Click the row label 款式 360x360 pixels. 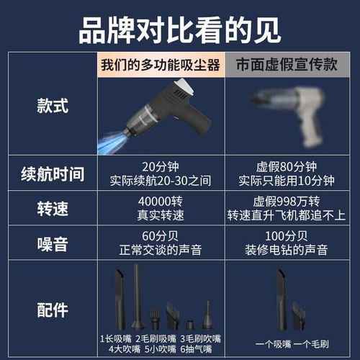coord(53,106)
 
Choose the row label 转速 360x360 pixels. coord(53,209)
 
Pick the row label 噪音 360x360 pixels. coord(53,243)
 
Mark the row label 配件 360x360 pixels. coord(53,310)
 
